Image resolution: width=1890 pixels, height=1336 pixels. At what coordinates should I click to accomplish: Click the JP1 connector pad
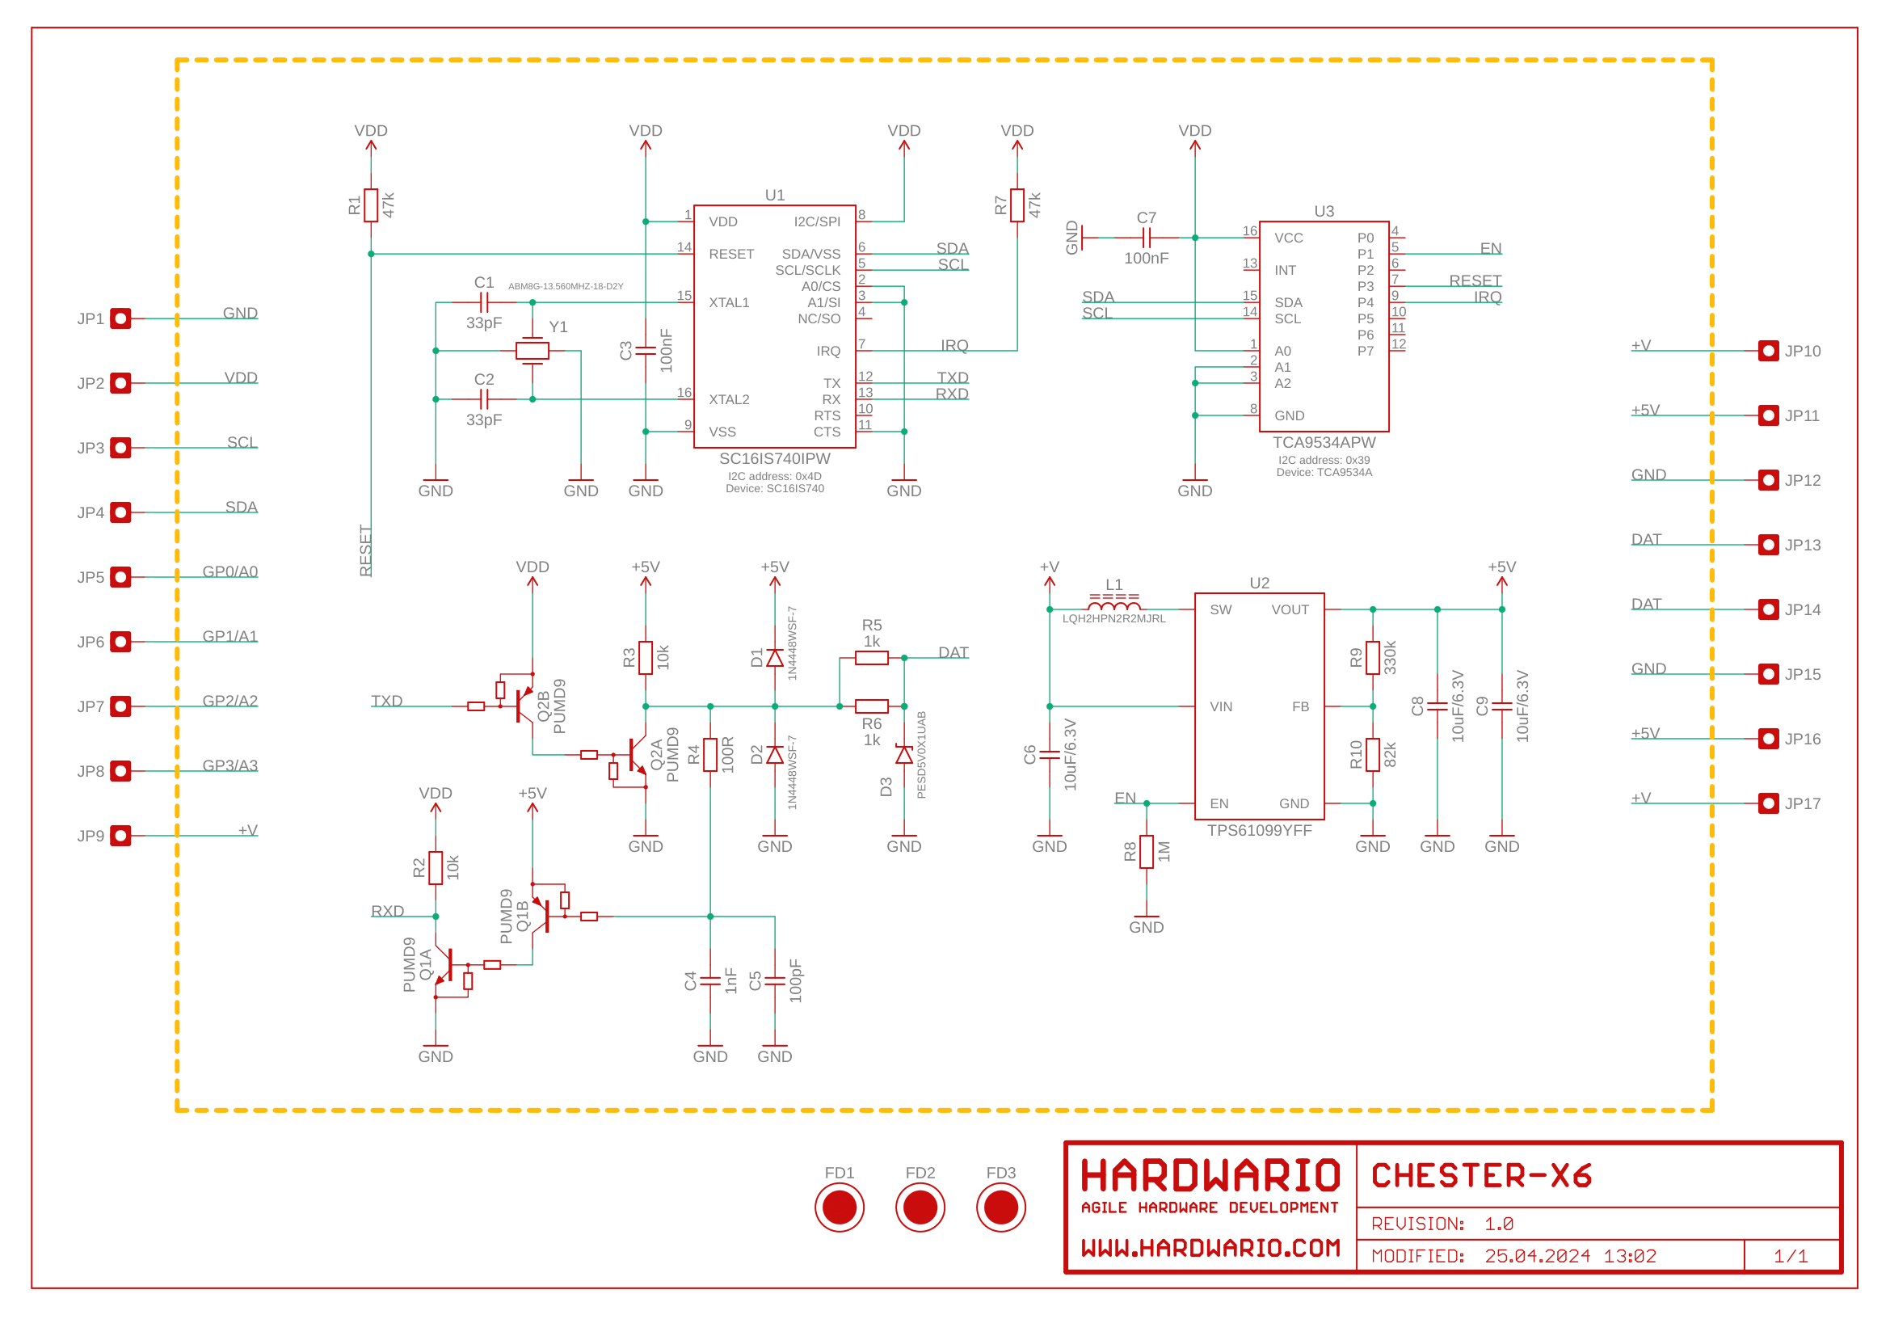pos(120,318)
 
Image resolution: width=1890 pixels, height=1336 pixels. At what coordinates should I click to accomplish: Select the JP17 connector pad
pos(1768,803)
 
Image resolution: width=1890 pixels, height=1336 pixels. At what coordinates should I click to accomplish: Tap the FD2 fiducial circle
pos(920,1207)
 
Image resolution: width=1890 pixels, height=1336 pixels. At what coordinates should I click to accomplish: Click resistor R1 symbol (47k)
pos(370,205)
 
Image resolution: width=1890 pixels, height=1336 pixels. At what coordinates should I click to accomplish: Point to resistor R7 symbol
pos(1017,205)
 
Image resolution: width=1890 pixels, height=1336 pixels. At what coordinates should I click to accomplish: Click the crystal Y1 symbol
pos(532,351)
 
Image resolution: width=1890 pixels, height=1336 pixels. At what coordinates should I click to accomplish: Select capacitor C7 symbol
pos(1146,238)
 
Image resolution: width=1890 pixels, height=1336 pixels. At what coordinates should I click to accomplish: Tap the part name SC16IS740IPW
pos(775,458)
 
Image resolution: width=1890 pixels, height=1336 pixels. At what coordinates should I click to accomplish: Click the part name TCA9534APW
pos(1324,442)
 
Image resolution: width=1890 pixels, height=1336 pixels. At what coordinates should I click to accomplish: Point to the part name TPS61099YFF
pos(1260,830)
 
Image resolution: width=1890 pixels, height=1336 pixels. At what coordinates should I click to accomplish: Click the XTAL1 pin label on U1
pos(729,303)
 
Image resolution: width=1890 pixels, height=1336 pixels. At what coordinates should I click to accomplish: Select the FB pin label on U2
pos(1300,706)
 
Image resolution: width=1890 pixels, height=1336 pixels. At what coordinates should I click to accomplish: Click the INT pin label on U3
pos(1284,270)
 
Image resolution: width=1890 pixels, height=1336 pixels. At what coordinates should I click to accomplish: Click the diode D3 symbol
pos(904,754)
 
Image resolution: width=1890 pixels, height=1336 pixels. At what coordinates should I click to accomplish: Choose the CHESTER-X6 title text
pos(1481,1175)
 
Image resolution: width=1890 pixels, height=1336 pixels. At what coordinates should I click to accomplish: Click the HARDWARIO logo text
pos(1210,1175)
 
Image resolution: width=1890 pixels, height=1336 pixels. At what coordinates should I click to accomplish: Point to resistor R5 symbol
pos(871,658)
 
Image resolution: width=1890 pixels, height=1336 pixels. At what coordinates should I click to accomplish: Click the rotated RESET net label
pos(365,550)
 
